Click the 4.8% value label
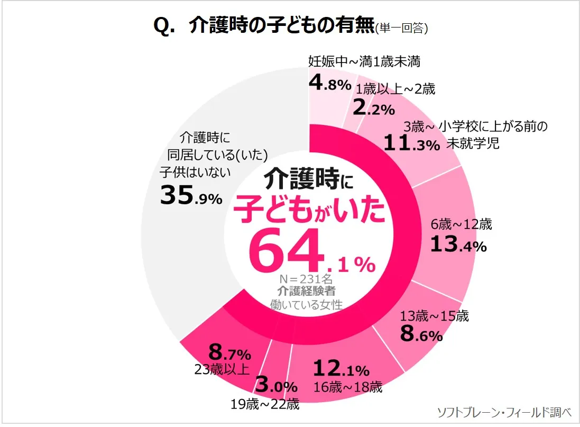tap(329, 84)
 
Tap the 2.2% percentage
tap(373, 108)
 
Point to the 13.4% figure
tap(458, 244)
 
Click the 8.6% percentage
tap(421, 335)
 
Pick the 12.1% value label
tap(341, 369)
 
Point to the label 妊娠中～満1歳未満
tap(364, 62)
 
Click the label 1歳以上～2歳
tap(395, 89)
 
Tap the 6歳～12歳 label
tap(461, 224)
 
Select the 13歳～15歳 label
tap(435, 316)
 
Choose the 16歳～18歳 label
tap(348, 387)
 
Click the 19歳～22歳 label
tap(265, 405)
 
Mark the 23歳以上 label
tap(222, 369)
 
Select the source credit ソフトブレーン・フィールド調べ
tap(504, 412)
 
